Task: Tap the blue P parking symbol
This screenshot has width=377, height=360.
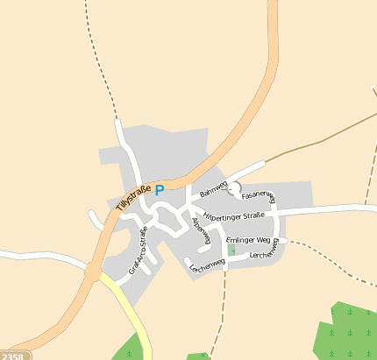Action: pos(160,189)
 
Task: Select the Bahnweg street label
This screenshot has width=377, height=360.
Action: pos(213,188)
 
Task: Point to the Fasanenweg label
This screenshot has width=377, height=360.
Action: pos(258,195)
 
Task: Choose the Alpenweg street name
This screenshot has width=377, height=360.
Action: pos(202,229)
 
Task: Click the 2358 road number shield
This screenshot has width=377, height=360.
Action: pos(12,356)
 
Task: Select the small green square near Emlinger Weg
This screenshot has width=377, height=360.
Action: pos(231,250)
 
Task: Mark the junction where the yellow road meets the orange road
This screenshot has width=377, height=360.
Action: pos(94,274)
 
